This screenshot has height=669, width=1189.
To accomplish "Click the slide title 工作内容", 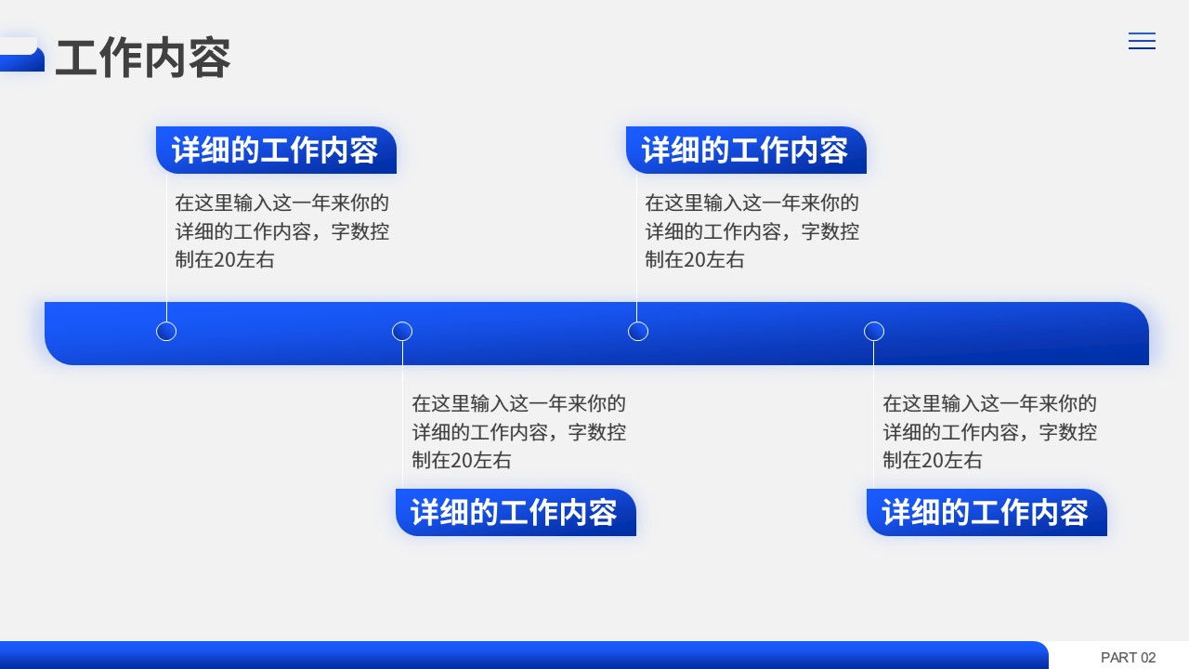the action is (143, 58).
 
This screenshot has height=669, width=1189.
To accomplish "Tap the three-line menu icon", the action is (1142, 41).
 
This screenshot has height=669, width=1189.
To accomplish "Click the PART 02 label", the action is (1128, 657).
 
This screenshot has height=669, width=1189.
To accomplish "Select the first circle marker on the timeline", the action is (166, 332).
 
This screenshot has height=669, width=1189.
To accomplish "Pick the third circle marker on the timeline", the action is (638, 332).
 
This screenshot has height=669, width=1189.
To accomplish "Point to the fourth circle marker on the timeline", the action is (874, 332).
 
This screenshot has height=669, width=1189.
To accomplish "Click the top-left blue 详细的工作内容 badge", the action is (276, 150).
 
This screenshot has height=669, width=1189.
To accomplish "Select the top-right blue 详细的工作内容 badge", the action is (746, 150).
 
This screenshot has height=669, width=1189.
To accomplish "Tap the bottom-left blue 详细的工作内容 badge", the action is (516, 512).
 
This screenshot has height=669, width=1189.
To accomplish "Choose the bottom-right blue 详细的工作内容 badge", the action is (986, 512).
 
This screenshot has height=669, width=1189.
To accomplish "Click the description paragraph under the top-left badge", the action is (281, 231).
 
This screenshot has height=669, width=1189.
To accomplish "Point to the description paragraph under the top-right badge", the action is (752, 231).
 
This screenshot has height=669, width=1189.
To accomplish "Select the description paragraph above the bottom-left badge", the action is (519, 432).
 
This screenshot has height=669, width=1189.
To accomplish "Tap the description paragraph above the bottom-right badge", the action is (990, 432).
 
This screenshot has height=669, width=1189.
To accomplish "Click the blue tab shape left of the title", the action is (21, 54).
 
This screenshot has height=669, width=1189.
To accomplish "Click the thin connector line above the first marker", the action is (166, 247).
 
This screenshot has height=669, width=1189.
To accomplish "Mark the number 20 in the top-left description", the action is (224, 260).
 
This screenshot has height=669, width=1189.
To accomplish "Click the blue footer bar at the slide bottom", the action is (524, 655).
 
